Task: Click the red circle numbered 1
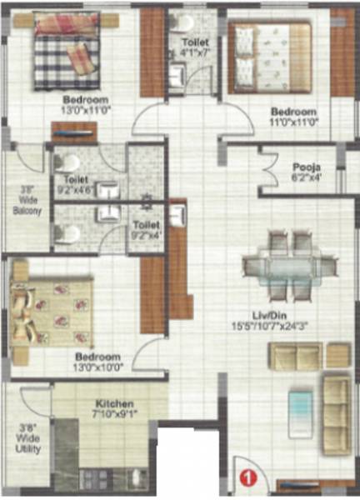point(247,477)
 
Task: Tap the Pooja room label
point(301,165)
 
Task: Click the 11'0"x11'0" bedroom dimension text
point(294,121)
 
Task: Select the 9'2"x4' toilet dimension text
point(147,234)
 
